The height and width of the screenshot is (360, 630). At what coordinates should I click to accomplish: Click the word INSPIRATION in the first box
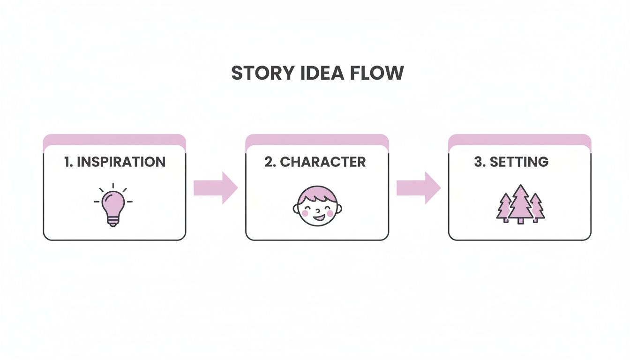[x=121, y=162]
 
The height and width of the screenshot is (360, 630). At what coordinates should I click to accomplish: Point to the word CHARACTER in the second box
[x=323, y=162]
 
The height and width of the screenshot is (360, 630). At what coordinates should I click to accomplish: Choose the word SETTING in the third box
[x=519, y=162]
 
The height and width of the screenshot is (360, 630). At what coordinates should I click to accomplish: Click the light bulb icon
[x=112, y=206]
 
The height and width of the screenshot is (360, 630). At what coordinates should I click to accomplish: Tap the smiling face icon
[x=317, y=206]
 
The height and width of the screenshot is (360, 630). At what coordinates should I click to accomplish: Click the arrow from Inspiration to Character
[x=216, y=188]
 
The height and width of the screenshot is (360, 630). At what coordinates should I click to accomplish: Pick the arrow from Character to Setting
[x=419, y=188]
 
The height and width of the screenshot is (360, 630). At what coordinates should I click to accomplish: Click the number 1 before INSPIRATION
[x=67, y=162]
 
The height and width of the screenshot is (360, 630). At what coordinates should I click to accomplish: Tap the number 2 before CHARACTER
[x=269, y=162]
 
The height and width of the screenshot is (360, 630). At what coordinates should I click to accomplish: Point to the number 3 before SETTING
[x=479, y=162]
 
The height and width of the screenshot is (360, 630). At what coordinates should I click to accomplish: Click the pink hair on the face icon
[x=317, y=192]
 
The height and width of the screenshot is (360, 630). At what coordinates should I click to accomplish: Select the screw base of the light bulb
[x=112, y=221]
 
